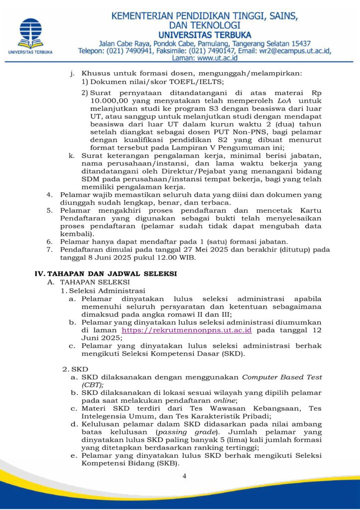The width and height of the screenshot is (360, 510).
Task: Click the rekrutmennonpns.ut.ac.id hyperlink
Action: tap(187, 330)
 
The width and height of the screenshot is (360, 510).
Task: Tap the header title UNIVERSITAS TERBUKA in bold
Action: tap(198, 34)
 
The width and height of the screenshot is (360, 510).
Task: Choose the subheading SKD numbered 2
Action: tap(80, 369)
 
